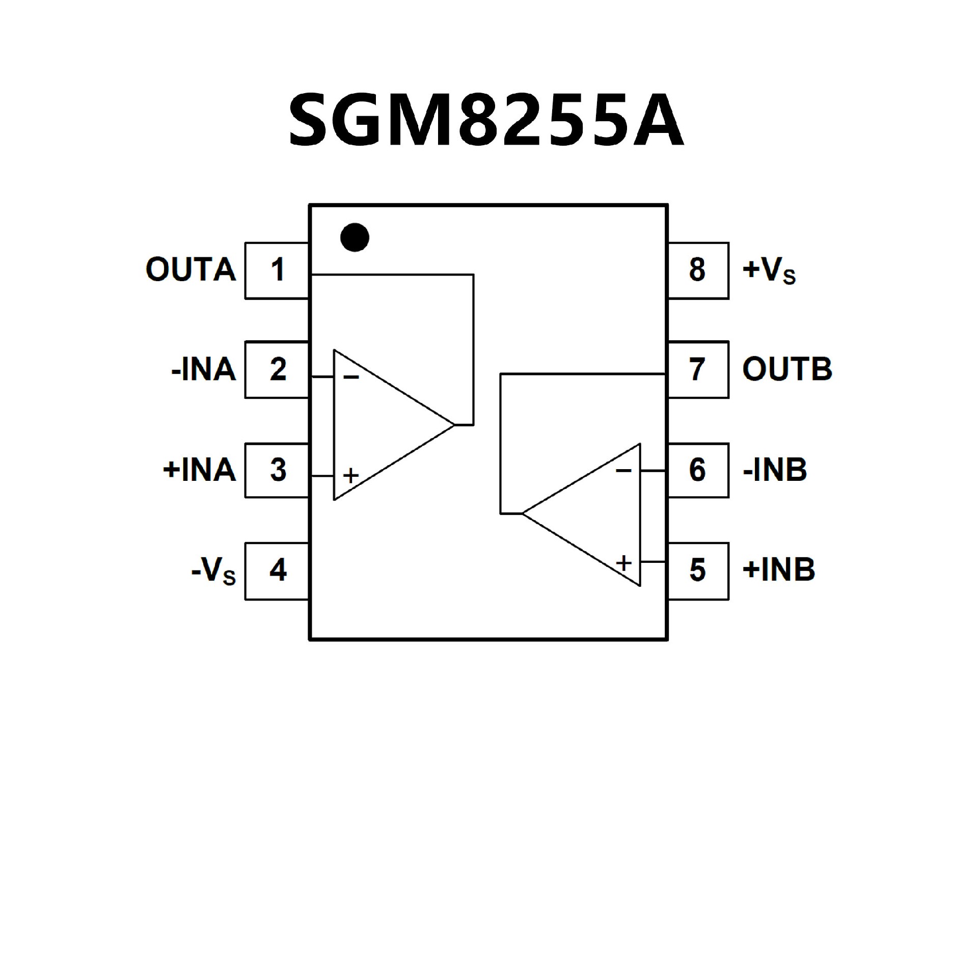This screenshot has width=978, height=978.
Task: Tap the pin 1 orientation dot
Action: point(355,237)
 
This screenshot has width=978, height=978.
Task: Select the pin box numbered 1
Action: point(277,270)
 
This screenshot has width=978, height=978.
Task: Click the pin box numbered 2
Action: point(277,369)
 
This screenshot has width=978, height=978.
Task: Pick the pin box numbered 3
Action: point(277,470)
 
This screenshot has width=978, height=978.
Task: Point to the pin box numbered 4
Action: point(277,570)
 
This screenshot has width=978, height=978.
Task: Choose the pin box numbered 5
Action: point(698,570)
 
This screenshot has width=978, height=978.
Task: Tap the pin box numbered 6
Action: point(698,470)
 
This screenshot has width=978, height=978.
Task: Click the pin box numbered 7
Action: point(698,369)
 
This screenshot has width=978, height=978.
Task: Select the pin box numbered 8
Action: point(698,270)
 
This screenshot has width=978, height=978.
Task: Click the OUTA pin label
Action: point(191,270)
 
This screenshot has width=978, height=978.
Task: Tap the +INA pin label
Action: point(200,470)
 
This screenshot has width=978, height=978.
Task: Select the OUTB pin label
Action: point(787,369)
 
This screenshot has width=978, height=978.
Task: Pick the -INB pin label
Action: point(775,470)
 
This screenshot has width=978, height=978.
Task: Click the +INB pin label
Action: point(779,570)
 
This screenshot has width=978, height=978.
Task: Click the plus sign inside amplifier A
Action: point(350,476)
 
